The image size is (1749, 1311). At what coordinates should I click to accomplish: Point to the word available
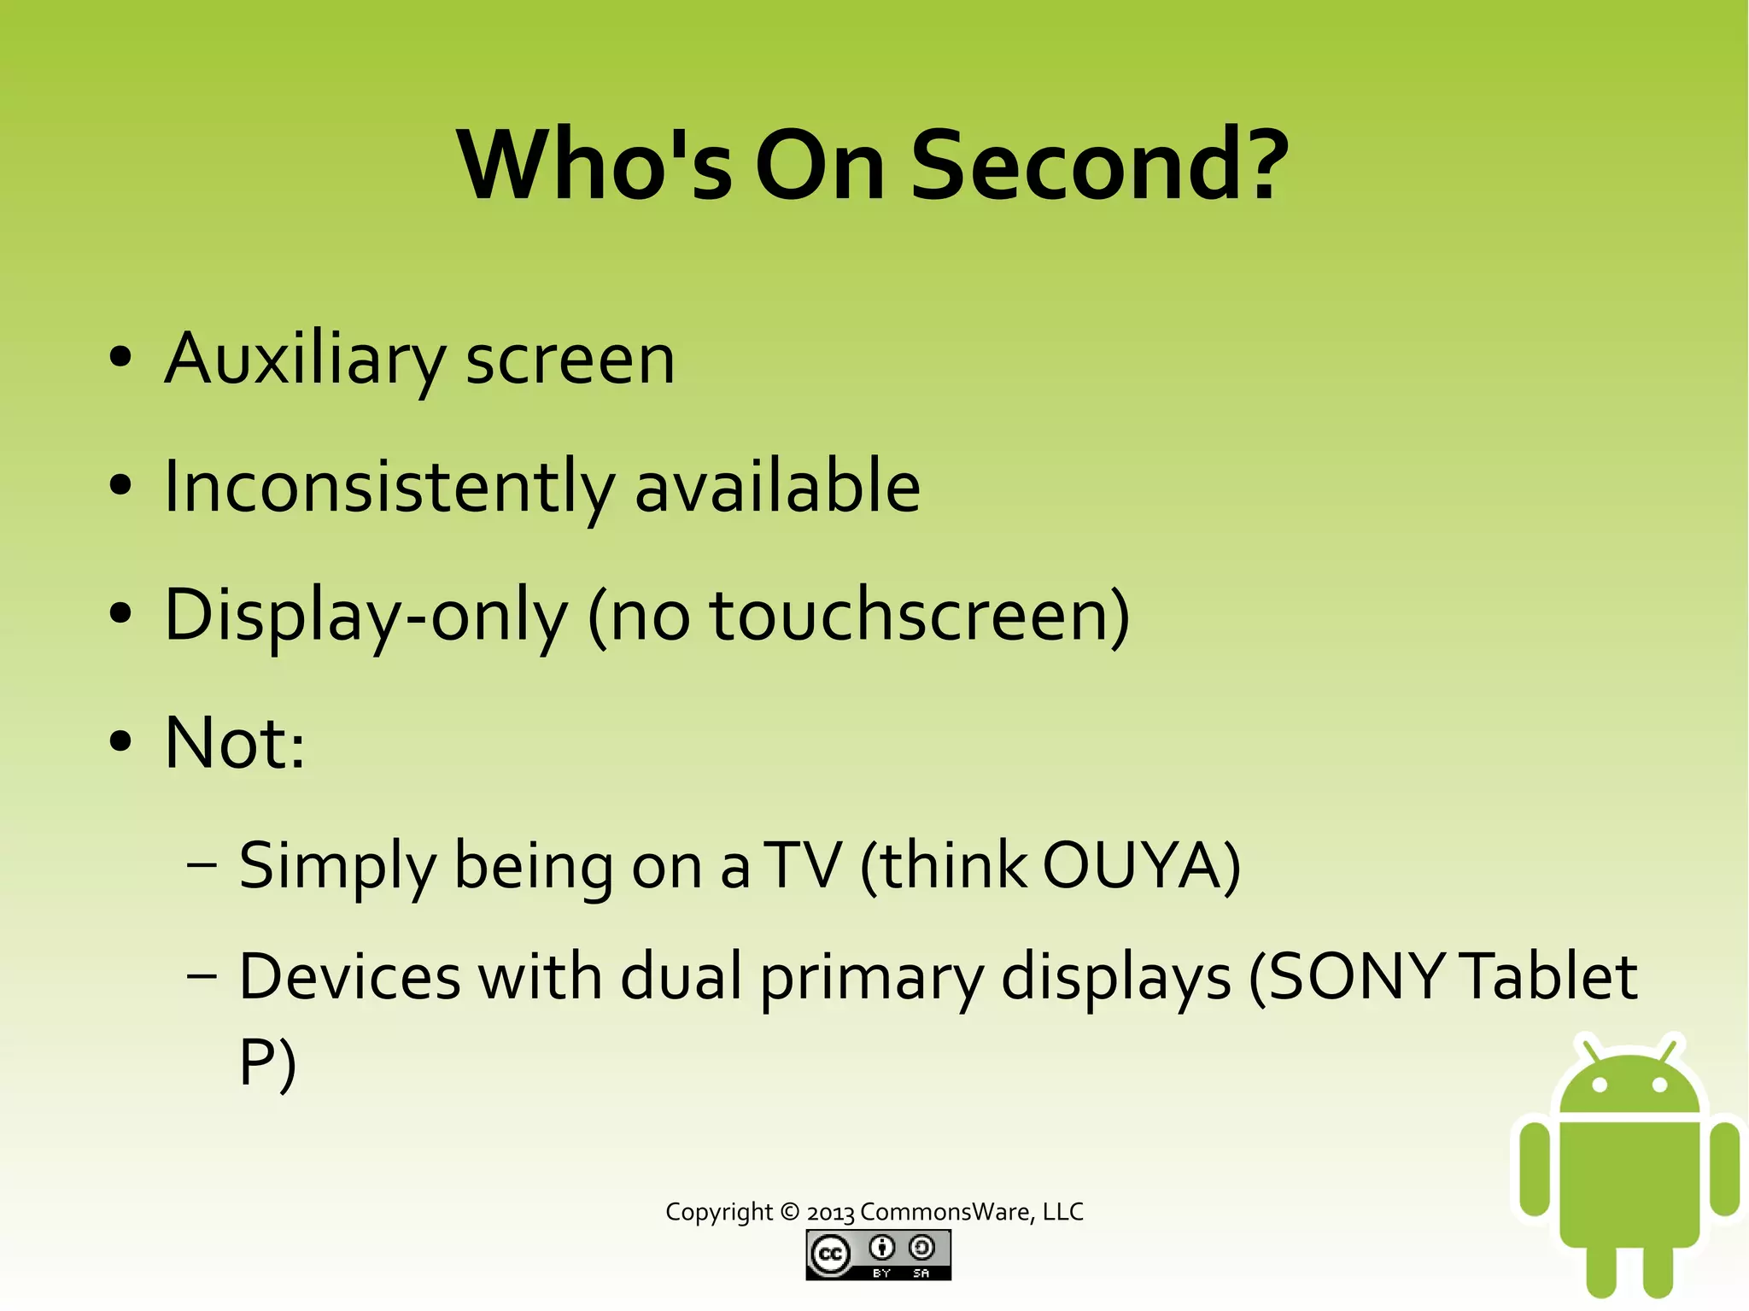777,487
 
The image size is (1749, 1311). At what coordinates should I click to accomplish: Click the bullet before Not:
121,741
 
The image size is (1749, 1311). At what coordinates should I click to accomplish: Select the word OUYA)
1141,866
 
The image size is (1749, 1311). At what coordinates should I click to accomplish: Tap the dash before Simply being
202,866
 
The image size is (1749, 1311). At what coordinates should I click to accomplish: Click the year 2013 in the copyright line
830,1213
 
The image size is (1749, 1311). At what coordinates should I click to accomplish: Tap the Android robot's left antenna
1589,1050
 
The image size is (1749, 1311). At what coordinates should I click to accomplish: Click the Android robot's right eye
1659,1086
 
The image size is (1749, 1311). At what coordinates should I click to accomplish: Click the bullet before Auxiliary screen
121,358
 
